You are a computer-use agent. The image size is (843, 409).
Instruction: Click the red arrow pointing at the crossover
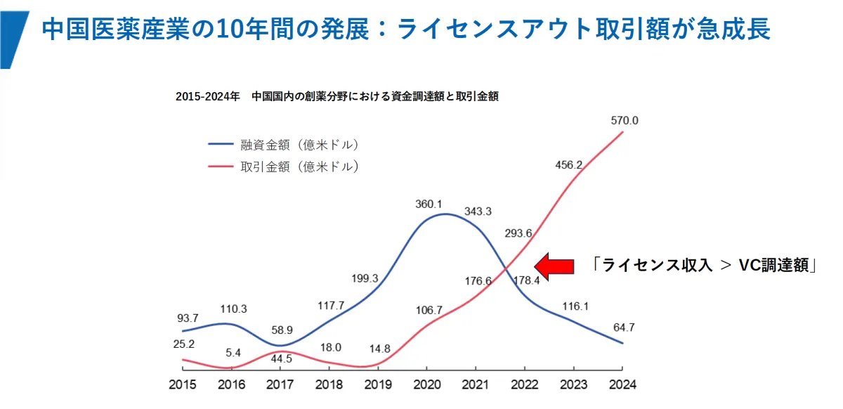[555, 266]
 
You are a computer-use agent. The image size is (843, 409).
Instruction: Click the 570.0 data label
[625, 121]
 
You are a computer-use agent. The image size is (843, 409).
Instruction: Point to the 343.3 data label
[478, 212]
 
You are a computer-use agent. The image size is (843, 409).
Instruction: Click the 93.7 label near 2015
[187, 318]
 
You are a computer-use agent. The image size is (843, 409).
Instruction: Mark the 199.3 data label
[365, 278]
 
